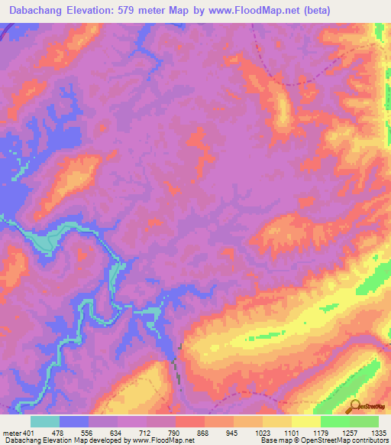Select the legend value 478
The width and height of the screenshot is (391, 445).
(x=60, y=432)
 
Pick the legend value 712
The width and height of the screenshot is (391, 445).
(x=147, y=432)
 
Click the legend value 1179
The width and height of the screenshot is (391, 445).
(x=321, y=432)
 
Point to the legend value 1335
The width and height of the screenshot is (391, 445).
(x=376, y=432)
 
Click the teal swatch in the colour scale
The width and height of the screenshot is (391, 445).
(x=45, y=421)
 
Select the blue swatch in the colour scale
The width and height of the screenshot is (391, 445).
(x=74, y=421)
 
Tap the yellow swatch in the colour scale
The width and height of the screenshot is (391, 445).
(x=305, y=421)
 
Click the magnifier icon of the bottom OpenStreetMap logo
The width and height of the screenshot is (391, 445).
(x=354, y=404)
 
